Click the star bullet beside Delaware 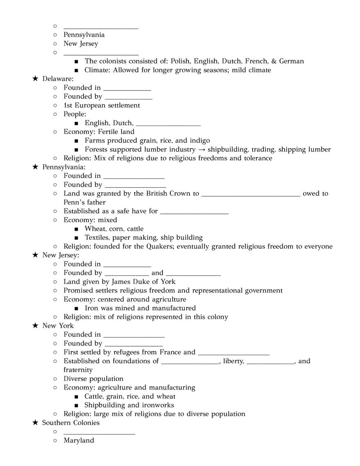click(x=35, y=79)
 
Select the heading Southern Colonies click(x=71, y=423)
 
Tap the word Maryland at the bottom click(x=79, y=441)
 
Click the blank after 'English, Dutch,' click(x=168, y=124)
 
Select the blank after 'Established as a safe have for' click(x=194, y=212)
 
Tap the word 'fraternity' click(x=78, y=370)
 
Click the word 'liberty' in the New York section click(x=233, y=361)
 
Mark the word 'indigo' click(x=199, y=140)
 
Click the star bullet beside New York click(x=35, y=326)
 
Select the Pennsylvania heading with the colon click(x=64, y=167)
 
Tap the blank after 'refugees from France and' click(x=234, y=353)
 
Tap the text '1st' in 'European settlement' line click(x=68, y=105)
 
